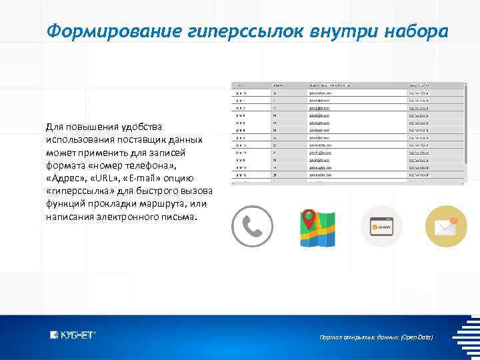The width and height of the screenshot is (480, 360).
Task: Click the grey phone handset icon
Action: pyautogui.click(x=252, y=227)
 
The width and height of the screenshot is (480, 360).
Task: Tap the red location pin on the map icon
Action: pyautogui.click(x=308, y=217)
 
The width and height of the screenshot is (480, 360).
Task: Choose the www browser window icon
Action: pyautogui.click(x=381, y=227)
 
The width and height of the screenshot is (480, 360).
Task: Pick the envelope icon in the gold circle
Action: pyautogui.click(x=446, y=227)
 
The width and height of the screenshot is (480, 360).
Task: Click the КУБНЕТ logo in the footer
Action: pyautogui.click(x=73, y=335)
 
